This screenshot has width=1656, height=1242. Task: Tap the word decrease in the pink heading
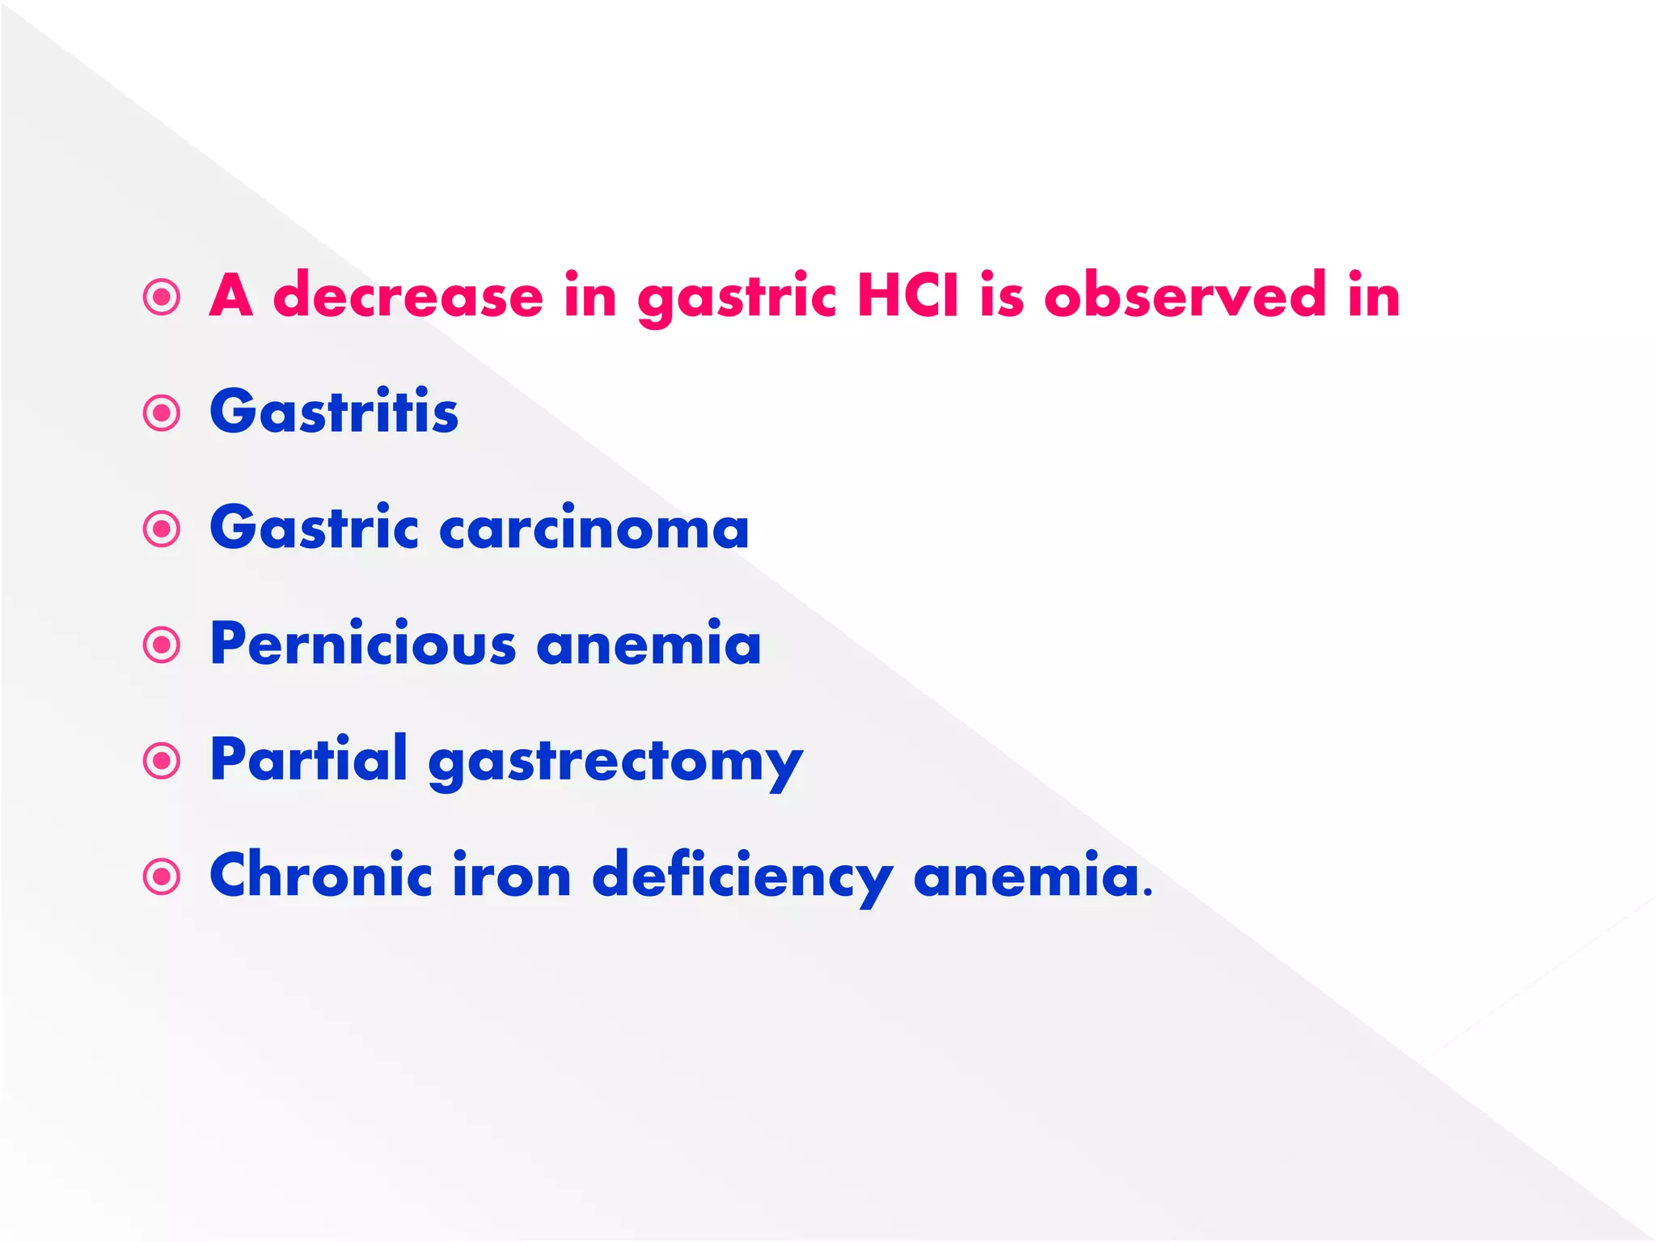[x=408, y=296]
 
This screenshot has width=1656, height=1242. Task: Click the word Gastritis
[x=334, y=412]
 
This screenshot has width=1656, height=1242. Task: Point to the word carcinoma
[x=594, y=529]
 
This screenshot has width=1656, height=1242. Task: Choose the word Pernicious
[x=363, y=644]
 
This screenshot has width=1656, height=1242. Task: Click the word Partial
[x=308, y=760]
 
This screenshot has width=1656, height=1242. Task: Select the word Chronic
[x=321, y=876]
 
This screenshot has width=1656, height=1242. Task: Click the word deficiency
[x=742, y=878]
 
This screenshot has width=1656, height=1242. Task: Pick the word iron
[x=512, y=876]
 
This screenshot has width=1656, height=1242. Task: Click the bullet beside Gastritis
[x=162, y=413]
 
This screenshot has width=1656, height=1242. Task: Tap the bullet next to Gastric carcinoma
[x=162, y=529]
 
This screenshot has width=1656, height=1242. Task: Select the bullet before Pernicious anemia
[x=162, y=645]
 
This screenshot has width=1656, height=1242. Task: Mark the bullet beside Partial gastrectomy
[x=162, y=761]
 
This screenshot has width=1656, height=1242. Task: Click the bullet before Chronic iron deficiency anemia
[x=162, y=877]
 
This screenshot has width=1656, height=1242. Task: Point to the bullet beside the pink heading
[x=162, y=297]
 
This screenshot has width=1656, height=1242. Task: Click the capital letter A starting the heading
[x=231, y=296]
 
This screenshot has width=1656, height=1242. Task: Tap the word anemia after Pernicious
[x=648, y=644]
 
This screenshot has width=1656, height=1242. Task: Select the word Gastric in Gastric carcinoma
[x=314, y=529]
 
